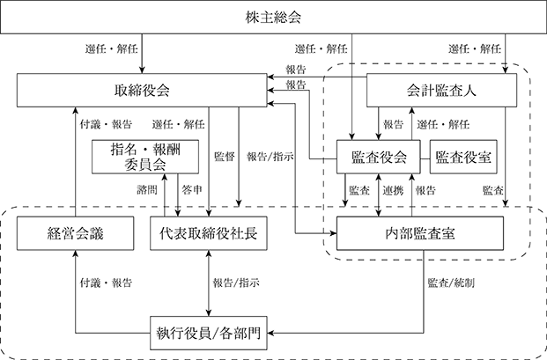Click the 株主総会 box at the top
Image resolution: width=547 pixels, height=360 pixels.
(x=273, y=17)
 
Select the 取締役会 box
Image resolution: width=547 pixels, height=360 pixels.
(x=142, y=91)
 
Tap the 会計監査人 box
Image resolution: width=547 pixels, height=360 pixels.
(x=441, y=91)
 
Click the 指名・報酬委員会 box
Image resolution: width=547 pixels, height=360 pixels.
(x=145, y=157)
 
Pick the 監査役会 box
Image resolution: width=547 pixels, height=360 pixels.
(x=379, y=157)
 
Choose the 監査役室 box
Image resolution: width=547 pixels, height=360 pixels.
(x=463, y=157)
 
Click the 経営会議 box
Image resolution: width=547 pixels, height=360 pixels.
(x=76, y=233)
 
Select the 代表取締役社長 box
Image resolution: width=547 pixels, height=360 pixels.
(x=209, y=233)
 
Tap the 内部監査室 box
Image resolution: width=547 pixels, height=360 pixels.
(x=420, y=233)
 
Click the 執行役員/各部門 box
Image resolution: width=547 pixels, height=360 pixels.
(x=209, y=333)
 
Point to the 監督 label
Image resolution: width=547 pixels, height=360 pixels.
(x=225, y=157)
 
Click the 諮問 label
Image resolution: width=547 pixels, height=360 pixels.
(x=147, y=190)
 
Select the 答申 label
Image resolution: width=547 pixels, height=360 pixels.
(x=192, y=190)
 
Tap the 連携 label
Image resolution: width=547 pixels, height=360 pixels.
(x=393, y=190)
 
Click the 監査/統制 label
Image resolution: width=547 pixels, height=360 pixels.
(x=451, y=283)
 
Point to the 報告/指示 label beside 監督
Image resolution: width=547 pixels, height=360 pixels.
(x=270, y=157)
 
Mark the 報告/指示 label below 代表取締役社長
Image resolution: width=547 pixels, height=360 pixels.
(x=236, y=283)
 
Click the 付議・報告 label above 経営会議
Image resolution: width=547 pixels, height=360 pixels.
(x=106, y=124)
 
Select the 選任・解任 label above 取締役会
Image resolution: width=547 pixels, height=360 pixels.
(x=112, y=48)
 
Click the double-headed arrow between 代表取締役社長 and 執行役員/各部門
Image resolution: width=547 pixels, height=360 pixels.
(x=209, y=283)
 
